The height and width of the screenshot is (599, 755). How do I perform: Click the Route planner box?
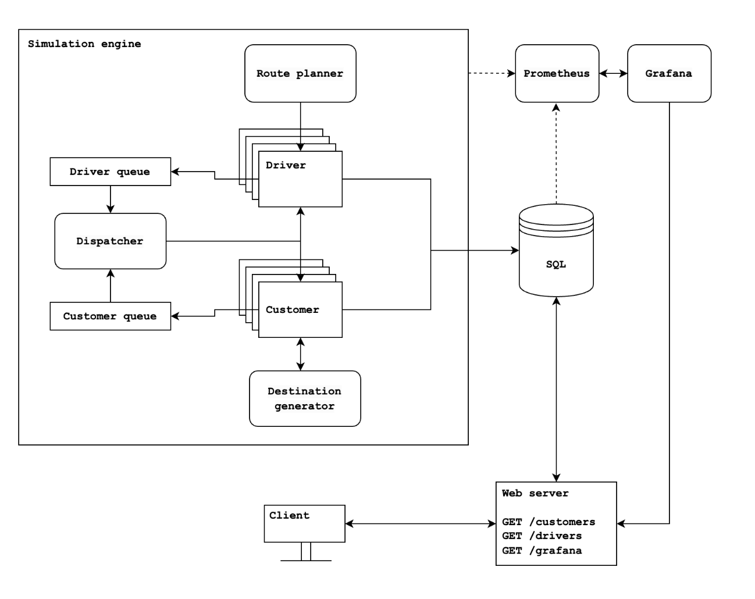click(x=300, y=73)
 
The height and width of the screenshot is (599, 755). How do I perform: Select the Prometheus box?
click(x=557, y=73)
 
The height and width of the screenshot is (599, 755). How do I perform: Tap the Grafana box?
click(x=669, y=73)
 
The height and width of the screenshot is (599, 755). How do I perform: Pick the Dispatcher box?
click(x=110, y=241)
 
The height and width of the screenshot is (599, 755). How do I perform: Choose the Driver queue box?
click(x=110, y=172)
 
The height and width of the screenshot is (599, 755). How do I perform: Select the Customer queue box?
click(x=110, y=316)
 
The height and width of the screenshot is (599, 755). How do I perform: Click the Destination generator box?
click(x=305, y=398)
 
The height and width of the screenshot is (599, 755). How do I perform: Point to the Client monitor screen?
click(x=304, y=523)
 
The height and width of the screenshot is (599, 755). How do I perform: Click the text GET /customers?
click(x=549, y=522)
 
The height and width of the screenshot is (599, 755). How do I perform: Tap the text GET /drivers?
click(x=542, y=536)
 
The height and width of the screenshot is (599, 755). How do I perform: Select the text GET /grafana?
click(x=542, y=550)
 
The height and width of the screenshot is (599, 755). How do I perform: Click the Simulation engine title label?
click(x=84, y=44)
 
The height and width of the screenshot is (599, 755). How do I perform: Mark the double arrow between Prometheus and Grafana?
click(x=613, y=73)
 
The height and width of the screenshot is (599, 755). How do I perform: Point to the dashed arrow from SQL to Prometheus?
click(x=556, y=154)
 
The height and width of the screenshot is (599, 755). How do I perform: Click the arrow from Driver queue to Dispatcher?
click(x=111, y=199)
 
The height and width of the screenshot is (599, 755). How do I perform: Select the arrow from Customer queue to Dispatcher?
click(x=111, y=286)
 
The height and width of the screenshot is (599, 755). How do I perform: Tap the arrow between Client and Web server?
click(x=420, y=524)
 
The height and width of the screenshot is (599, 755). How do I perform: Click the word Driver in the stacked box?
click(x=286, y=165)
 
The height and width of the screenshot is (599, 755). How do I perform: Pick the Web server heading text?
click(x=535, y=493)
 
